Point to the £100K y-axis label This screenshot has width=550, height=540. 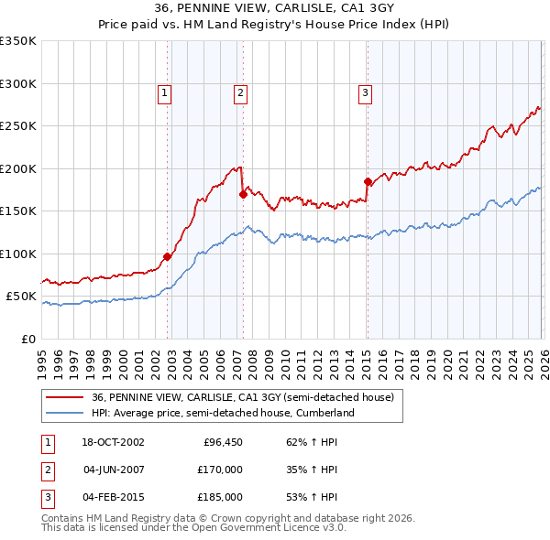(18, 254)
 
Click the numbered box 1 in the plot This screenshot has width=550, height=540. (164, 92)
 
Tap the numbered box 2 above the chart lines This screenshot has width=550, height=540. (240, 92)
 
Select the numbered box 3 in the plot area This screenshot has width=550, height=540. (365, 92)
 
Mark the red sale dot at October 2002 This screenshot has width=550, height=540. (168, 257)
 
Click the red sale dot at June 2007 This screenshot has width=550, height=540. (243, 194)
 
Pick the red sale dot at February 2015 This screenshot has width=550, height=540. (368, 181)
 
